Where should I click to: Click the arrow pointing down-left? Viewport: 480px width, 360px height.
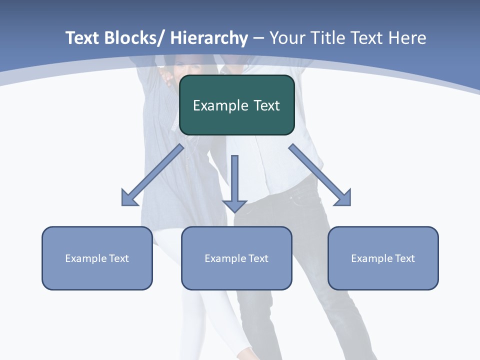tap(152, 175)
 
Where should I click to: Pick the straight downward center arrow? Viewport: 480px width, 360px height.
tap(234, 182)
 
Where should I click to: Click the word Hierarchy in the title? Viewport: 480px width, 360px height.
tap(209, 38)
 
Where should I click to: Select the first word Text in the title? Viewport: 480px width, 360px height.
tap(82, 38)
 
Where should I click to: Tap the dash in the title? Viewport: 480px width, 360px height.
tap(258, 38)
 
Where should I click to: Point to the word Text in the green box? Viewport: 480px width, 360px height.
tap(266, 105)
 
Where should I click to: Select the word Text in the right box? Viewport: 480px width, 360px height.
tap(404, 258)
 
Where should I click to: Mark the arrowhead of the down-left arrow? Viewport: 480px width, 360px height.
tap(129, 198)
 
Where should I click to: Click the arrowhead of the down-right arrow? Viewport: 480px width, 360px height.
tap(343, 198)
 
